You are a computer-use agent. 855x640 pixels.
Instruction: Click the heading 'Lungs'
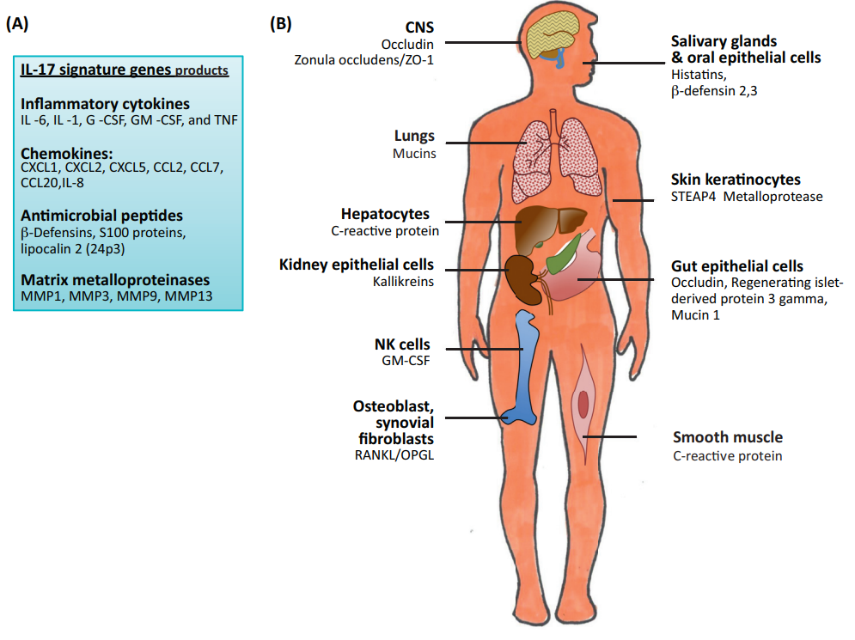(415, 137)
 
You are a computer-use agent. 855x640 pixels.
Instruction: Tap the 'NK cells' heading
(401, 344)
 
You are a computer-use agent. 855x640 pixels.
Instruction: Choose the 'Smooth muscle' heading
(728, 437)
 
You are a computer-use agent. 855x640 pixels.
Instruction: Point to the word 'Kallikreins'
(403, 281)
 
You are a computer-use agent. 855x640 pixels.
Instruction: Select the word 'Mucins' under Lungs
(414, 155)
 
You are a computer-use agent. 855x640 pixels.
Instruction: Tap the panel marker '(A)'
(18, 25)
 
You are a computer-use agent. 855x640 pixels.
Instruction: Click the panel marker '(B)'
(281, 25)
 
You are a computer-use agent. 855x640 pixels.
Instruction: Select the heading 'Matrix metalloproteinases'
(116, 280)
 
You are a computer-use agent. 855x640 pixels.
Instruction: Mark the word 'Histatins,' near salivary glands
(699, 74)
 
